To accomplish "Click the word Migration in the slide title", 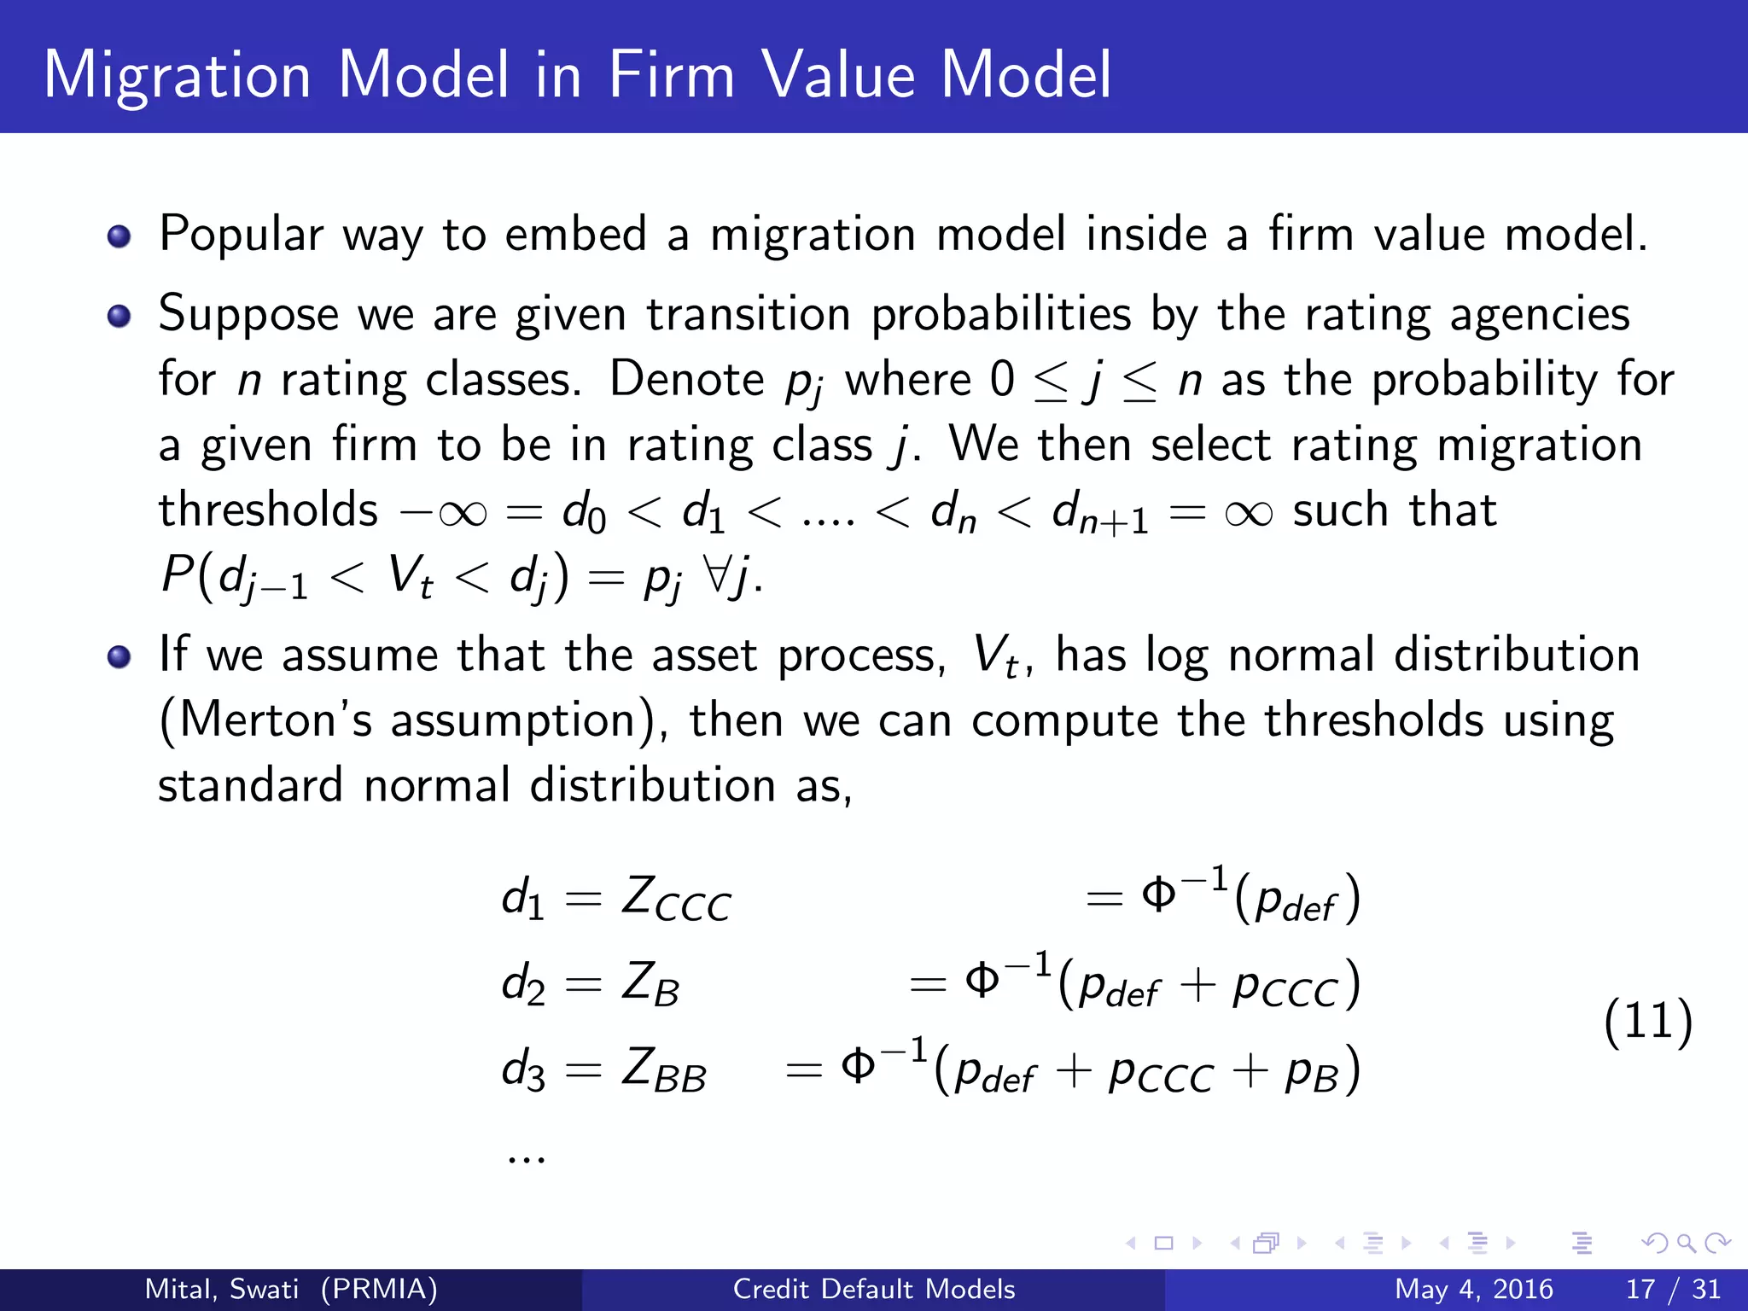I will click(177, 77).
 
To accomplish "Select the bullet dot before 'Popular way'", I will click(119, 236).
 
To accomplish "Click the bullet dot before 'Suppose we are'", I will click(119, 318).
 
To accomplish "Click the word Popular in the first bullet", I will click(242, 235).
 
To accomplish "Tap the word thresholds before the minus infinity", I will click(268, 510).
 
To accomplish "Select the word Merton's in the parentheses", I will click(276, 720).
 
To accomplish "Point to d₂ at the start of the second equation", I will click(523, 985).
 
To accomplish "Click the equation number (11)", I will click(1647, 1022).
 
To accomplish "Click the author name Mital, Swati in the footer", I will click(222, 1289).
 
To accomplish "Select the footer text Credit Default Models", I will click(874, 1289).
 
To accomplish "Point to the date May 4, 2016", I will click(1473, 1289).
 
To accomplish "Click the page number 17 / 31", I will click(1673, 1289).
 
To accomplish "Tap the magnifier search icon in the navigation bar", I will click(1687, 1244).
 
